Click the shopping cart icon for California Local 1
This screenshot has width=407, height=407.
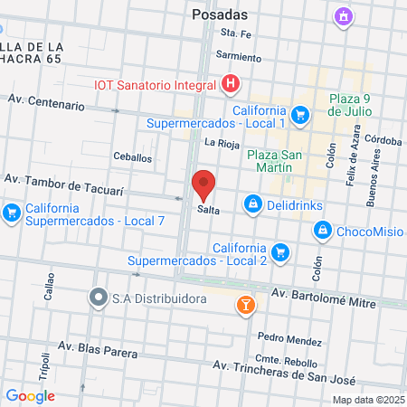tap(301, 115)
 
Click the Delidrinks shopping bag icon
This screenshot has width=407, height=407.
tap(254, 204)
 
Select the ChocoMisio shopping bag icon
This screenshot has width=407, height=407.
tap(322, 232)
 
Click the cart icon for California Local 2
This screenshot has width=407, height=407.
tap(280, 251)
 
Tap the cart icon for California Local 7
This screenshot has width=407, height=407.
tap(11, 213)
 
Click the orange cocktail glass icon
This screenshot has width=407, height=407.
tap(244, 306)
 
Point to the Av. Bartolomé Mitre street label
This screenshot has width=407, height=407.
tap(324, 298)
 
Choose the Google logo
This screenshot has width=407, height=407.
tap(31, 395)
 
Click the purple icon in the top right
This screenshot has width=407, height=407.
tap(342, 15)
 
